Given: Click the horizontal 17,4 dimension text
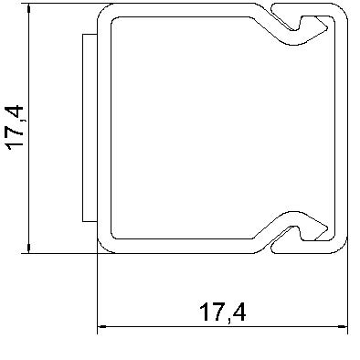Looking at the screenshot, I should [222, 312].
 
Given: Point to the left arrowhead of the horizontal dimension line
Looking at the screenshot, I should [102, 325].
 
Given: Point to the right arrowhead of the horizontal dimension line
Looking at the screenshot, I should [344, 325].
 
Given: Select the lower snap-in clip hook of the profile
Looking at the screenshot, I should [306, 232].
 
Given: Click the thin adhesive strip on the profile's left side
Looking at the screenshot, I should [87, 128].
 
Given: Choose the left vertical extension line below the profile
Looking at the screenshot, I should [97, 292].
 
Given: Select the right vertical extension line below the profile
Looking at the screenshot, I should [349, 292].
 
